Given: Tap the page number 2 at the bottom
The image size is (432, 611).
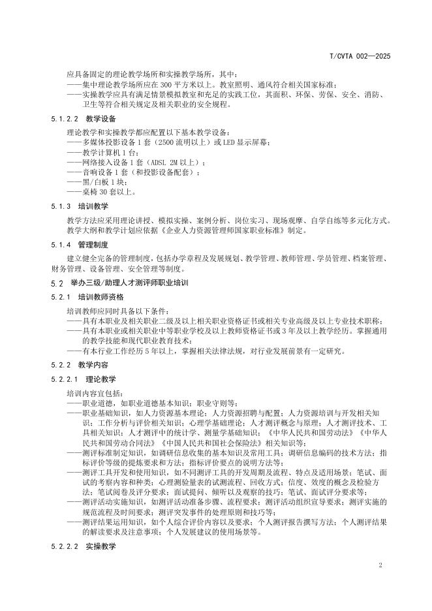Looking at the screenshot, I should [x=380, y=564].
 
